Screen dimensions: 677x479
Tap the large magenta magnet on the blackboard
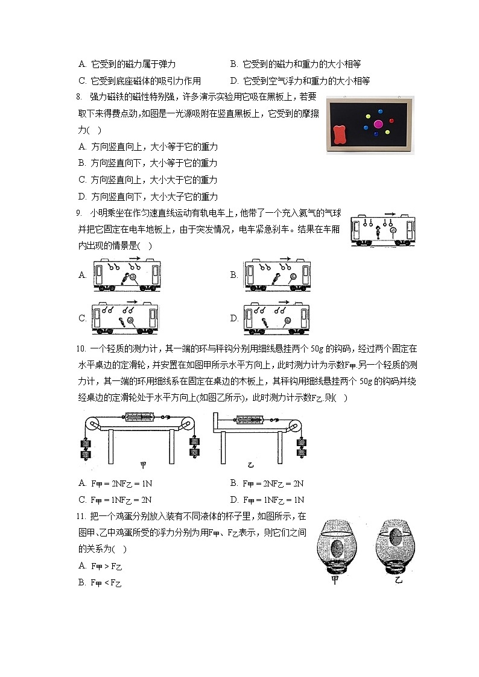(379, 124)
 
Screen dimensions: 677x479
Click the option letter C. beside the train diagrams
(83, 318)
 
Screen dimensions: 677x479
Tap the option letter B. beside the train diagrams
(234, 275)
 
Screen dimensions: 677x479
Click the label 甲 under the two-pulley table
(143, 465)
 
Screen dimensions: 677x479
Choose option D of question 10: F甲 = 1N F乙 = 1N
(267, 500)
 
